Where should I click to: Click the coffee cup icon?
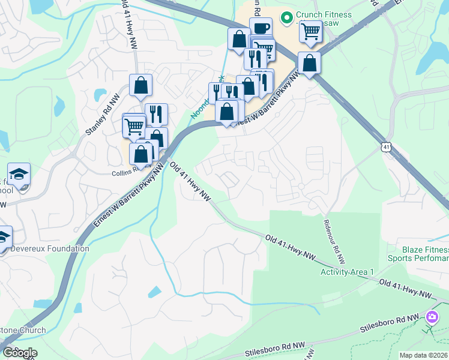[x=261, y=28]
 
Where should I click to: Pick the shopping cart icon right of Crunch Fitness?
[x=310, y=31]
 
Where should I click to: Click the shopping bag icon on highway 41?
[x=309, y=63]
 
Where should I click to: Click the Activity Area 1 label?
[x=347, y=272]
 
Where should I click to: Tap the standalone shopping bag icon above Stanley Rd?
[x=140, y=85]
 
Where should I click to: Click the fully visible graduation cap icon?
[x=20, y=173]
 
